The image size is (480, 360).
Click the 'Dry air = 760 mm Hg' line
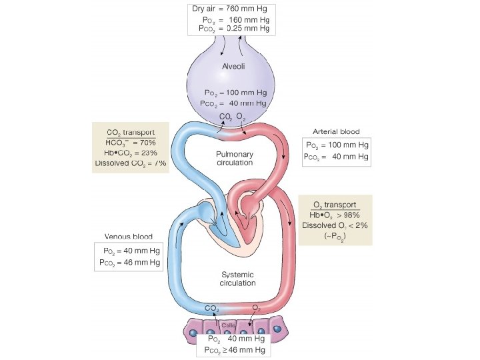click(x=231, y=9)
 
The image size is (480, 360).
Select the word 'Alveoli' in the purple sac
click(x=234, y=65)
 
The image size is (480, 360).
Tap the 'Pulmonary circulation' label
click(x=235, y=158)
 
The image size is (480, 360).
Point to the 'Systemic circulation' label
click(x=237, y=279)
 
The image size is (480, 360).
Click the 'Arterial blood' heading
click(x=336, y=131)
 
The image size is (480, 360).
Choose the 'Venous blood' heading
click(x=128, y=237)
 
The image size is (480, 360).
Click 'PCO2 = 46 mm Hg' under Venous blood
click(x=128, y=262)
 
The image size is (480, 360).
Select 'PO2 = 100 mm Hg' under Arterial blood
click(x=336, y=145)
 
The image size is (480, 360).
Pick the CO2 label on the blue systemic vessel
click(x=212, y=308)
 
